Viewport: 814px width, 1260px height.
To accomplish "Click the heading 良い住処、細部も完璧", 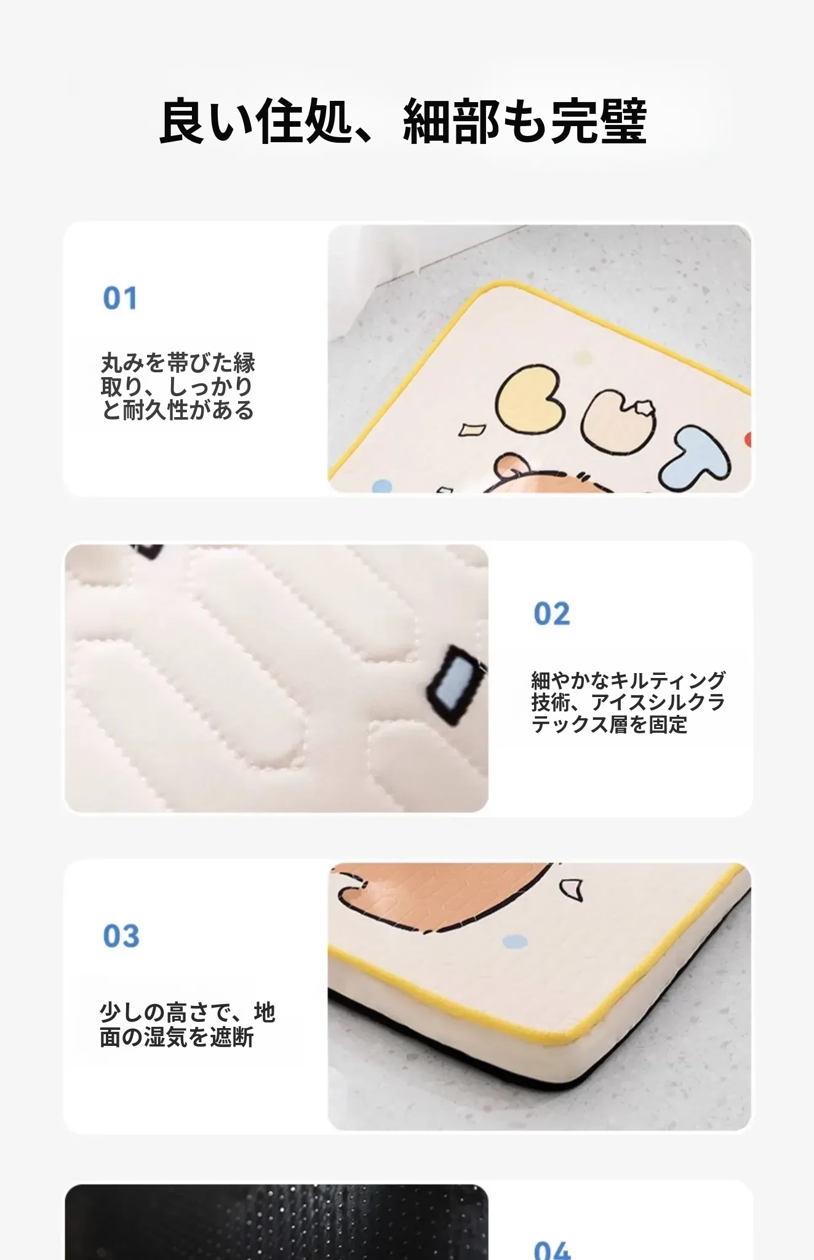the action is click(x=403, y=121).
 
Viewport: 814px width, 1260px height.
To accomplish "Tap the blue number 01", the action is click(x=120, y=298).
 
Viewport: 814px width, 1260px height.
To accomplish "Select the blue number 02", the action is click(x=551, y=614).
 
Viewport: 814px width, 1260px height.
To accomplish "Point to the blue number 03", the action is click(x=121, y=936).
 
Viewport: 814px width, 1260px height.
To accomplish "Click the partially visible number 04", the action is click(x=552, y=1251).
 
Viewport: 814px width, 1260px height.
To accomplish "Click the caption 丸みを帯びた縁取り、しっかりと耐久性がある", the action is click(x=178, y=386).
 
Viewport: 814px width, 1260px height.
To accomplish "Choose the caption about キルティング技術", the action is click(x=628, y=702).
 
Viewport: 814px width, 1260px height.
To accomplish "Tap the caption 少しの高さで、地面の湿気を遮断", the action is click(x=187, y=1024).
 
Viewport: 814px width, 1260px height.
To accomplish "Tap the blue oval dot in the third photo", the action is click(x=515, y=941).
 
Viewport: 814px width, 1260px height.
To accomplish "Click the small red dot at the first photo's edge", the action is click(x=748, y=439).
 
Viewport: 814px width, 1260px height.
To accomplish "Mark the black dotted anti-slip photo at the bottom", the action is click(x=276, y=1222).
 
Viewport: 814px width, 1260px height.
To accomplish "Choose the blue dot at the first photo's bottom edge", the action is click(x=382, y=486).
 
